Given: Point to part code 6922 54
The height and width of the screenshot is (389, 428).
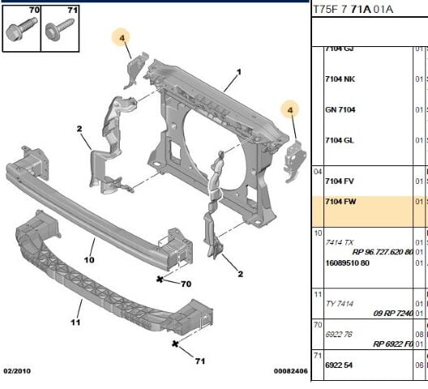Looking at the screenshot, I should (x=340, y=365).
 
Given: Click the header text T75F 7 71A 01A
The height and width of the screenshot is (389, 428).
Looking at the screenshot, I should (x=353, y=10).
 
